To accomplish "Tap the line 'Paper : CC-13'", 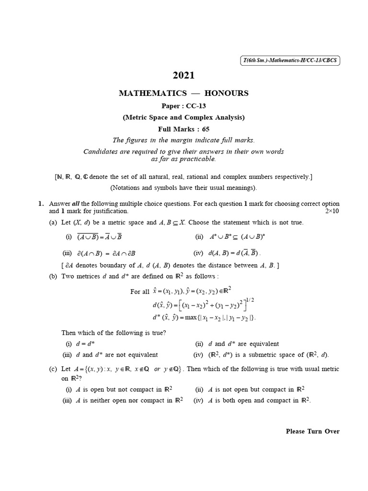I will click(x=184, y=106).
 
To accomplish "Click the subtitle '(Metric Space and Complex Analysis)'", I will click(x=184, y=117).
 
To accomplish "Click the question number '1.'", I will click(x=41, y=204).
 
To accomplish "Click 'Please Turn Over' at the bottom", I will click(x=312, y=431).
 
